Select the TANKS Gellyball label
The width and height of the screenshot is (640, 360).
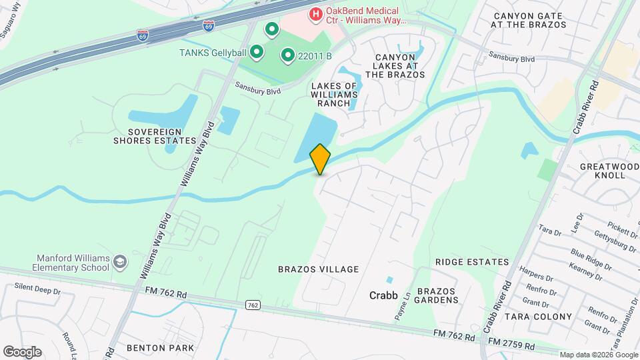click(x=213, y=52)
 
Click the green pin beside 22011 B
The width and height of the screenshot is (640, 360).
click(x=287, y=56)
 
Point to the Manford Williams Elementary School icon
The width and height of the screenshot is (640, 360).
click(x=120, y=262)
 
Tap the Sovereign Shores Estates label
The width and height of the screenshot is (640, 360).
click(x=154, y=135)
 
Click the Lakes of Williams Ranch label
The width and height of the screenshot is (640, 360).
click(x=339, y=95)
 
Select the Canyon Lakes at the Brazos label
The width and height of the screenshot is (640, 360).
click(x=395, y=66)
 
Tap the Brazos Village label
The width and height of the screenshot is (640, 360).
click(x=318, y=269)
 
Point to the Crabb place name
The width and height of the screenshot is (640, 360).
click(x=383, y=295)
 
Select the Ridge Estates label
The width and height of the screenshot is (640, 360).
click(x=472, y=262)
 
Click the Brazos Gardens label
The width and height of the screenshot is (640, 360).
click(x=437, y=295)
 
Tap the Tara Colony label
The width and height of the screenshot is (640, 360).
click(x=538, y=316)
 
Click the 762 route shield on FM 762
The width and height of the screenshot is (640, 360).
click(x=252, y=305)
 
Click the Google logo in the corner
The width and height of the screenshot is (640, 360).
click(x=22, y=351)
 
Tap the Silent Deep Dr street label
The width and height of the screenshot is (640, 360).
click(x=37, y=291)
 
